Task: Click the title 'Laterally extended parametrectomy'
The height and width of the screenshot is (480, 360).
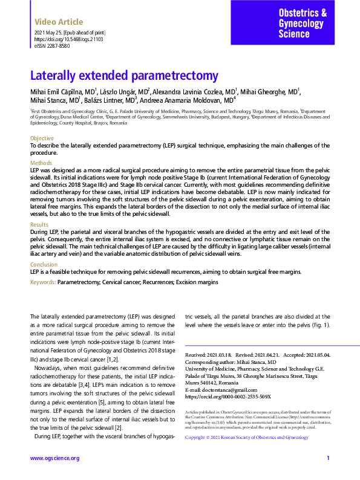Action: coord(124,76)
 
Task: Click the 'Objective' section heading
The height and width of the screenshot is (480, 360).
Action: coord(42,138)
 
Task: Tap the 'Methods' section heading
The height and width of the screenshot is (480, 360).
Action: coord(41,163)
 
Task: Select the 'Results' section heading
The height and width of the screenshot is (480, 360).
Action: coord(39,224)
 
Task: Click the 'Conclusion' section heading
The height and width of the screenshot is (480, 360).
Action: coord(44,264)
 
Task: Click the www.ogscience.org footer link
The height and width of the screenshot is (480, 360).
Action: coord(55,458)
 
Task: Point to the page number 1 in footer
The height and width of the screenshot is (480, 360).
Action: coord(328,458)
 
